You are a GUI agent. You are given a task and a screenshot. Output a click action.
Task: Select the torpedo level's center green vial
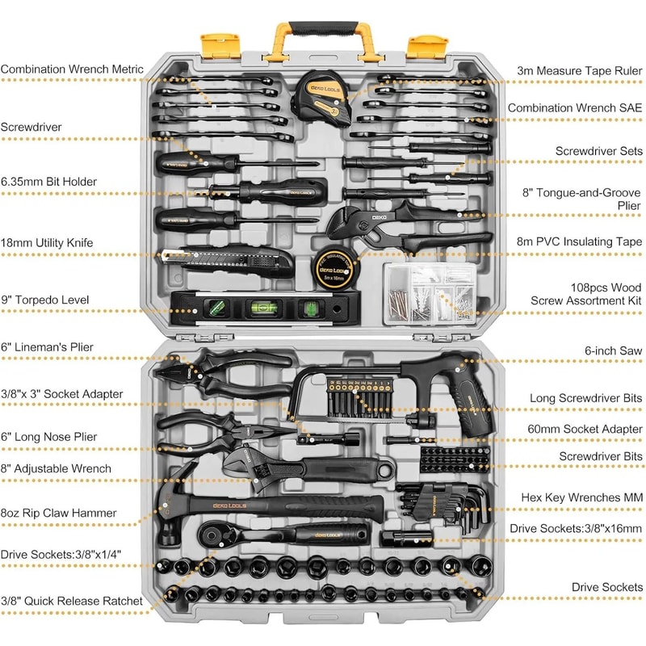(261, 307)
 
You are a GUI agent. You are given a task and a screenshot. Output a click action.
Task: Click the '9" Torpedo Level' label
(44, 300)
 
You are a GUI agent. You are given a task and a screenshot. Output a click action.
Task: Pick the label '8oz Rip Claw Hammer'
(58, 513)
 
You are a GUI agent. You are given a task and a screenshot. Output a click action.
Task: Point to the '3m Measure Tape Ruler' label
(580, 70)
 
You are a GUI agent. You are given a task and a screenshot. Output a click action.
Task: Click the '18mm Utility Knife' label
(47, 242)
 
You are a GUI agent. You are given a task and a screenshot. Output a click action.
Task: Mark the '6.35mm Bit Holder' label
(48, 182)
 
